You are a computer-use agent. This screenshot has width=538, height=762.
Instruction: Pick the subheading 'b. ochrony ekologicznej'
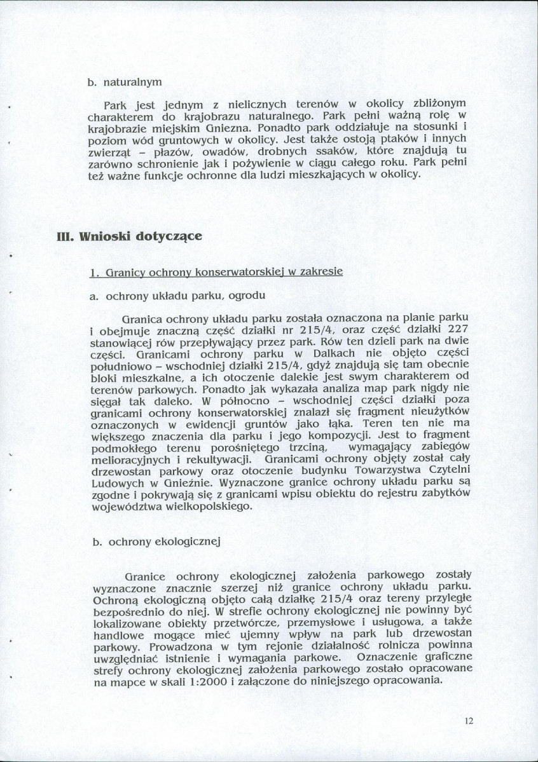155,541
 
